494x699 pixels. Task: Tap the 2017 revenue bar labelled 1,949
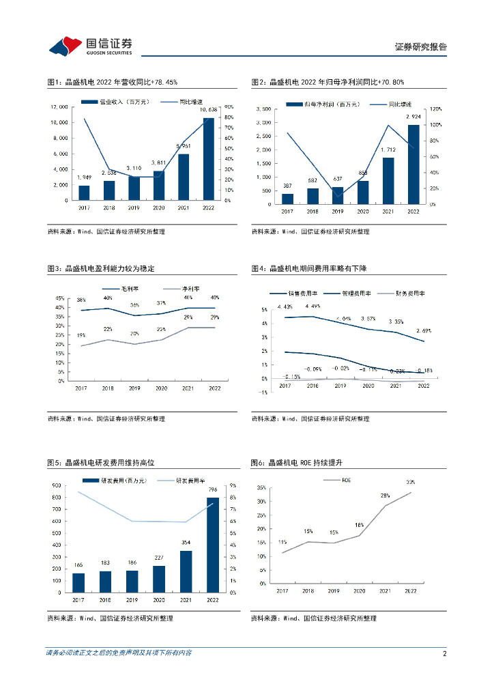point(84,192)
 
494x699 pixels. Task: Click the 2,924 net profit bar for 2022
point(413,164)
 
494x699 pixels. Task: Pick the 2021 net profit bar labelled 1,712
point(388,181)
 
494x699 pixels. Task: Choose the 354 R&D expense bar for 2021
point(186,571)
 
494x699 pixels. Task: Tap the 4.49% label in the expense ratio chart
point(313,306)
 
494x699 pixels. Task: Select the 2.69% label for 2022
point(423,330)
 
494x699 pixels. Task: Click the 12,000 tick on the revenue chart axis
point(59,107)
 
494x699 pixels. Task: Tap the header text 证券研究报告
point(421,46)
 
